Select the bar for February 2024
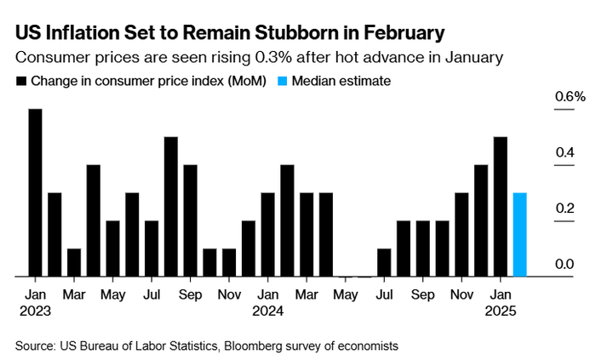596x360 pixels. [x=287, y=220]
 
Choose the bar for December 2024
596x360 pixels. [x=481, y=220]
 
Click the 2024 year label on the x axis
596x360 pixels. [x=267, y=311]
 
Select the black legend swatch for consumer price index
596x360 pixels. [x=20, y=82]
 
